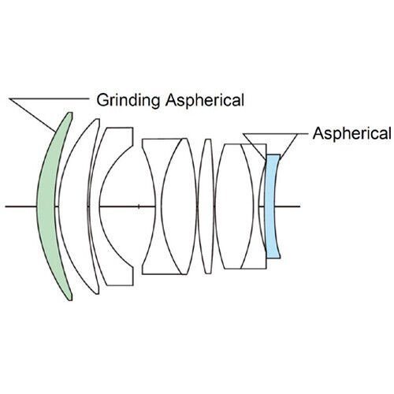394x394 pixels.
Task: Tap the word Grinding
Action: pos(128,100)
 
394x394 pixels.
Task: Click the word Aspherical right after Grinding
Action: pos(205,100)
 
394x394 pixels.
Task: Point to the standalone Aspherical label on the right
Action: pos(351,133)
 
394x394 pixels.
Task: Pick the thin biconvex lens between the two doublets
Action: pos(206,206)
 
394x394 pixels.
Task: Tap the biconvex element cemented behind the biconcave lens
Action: pos(179,206)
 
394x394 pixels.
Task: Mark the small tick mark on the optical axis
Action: pos(139,206)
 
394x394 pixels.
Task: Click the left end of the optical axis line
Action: pos(6,206)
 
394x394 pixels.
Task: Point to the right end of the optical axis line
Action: pos(300,206)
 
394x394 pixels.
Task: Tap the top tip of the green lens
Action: pos(70,113)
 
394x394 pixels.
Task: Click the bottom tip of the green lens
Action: pos(70,300)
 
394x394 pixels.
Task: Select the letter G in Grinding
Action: pos(102,100)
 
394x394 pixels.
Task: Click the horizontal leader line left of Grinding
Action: pos(49,98)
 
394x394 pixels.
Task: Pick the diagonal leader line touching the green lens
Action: pos(32,115)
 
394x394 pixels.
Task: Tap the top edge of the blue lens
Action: pos(273,155)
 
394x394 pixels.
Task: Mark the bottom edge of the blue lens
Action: pos(273,258)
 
